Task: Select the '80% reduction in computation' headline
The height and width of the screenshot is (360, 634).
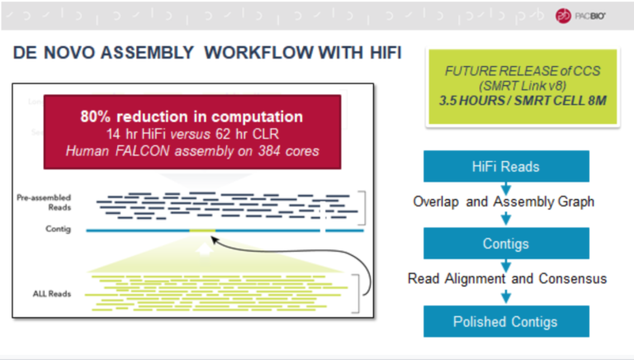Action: tap(192, 116)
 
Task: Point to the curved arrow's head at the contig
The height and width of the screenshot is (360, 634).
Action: tap(214, 238)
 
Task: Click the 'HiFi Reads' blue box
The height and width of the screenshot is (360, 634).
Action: tap(507, 166)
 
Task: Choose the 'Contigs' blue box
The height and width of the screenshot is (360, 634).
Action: tap(507, 244)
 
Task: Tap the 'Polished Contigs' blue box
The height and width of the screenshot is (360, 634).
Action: tap(507, 322)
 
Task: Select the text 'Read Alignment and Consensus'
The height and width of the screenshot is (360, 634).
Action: tap(507, 279)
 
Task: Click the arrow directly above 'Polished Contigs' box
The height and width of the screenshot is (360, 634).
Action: tap(507, 298)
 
